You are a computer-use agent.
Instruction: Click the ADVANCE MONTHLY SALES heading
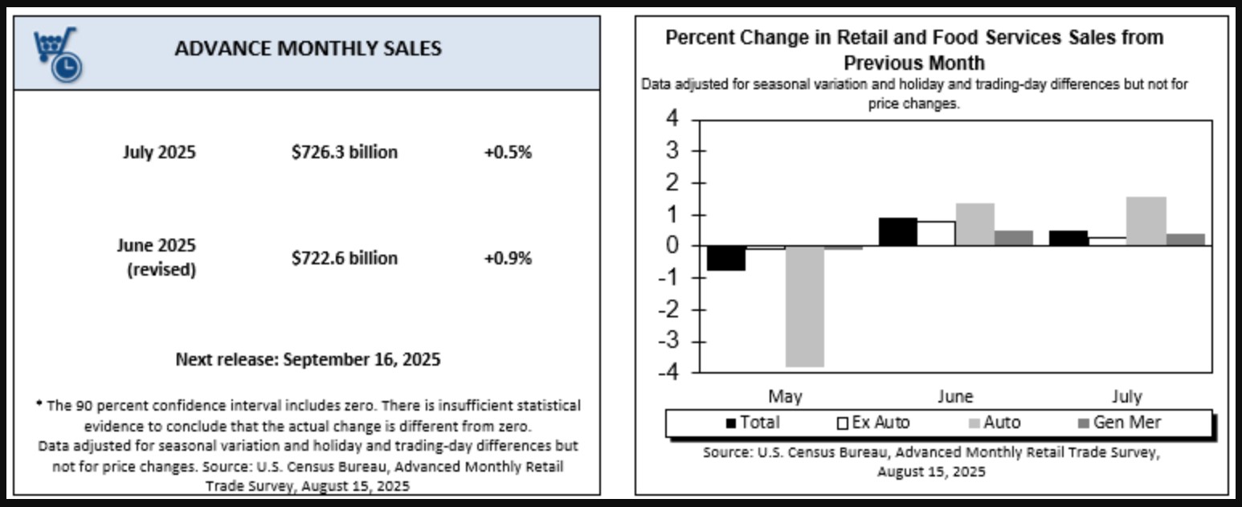pyautogui.click(x=308, y=48)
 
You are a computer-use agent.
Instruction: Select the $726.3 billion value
pyautogui.click(x=344, y=152)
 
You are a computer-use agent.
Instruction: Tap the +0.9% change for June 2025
pyautogui.click(x=507, y=258)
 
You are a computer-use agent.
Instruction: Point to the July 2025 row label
pyautogui.click(x=159, y=152)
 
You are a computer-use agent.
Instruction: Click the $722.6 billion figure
pyautogui.click(x=344, y=258)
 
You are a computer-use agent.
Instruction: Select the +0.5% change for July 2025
pyautogui.click(x=507, y=152)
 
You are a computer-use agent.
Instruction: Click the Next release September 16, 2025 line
pyautogui.click(x=308, y=359)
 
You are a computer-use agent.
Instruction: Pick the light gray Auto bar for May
pyautogui.click(x=804, y=306)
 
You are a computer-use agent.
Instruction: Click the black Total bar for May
pyautogui.click(x=726, y=258)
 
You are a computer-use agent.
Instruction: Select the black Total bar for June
pyautogui.click(x=897, y=231)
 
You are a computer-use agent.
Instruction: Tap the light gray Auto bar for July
pyautogui.click(x=1146, y=221)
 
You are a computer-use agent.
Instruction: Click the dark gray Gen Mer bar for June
pyautogui.click(x=1013, y=238)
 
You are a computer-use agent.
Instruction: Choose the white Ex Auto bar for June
pyautogui.click(x=936, y=233)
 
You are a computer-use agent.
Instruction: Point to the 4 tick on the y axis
pyautogui.click(x=671, y=120)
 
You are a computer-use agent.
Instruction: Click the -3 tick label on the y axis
pyautogui.click(x=667, y=341)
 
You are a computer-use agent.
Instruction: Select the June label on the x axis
pyautogui.click(x=954, y=396)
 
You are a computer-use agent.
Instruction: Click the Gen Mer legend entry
pyautogui.click(x=1118, y=423)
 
